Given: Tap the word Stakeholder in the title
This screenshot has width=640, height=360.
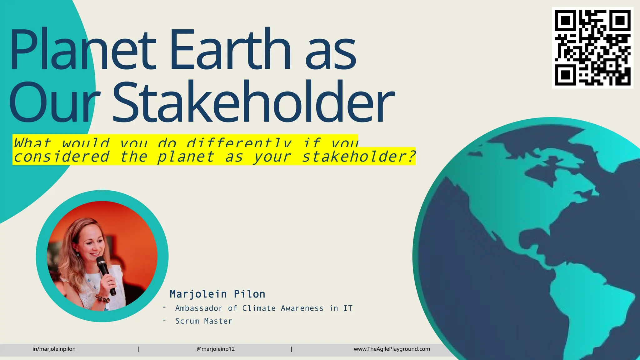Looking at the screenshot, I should (253, 102).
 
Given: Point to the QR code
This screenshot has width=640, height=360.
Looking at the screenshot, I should (592, 47).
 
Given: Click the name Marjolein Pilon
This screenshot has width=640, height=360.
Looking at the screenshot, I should (217, 294).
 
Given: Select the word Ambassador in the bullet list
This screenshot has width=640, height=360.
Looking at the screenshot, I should (199, 308).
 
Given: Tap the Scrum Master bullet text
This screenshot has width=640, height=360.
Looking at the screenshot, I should (204, 321).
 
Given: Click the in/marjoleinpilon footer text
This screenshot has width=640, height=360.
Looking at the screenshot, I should (54, 349).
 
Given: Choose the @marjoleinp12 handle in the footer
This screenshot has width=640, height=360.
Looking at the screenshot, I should (216, 349).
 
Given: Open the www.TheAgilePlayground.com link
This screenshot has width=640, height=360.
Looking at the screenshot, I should (392, 349).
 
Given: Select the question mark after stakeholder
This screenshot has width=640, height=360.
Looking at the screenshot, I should (412, 157).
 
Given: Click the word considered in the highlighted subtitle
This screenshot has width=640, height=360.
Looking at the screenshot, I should (62, 157).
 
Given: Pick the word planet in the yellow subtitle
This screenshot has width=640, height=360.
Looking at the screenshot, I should (186, 157).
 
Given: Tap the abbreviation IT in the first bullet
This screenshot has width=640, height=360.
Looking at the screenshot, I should (348, 308).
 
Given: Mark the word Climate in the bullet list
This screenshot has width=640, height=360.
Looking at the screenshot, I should (259, 308).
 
